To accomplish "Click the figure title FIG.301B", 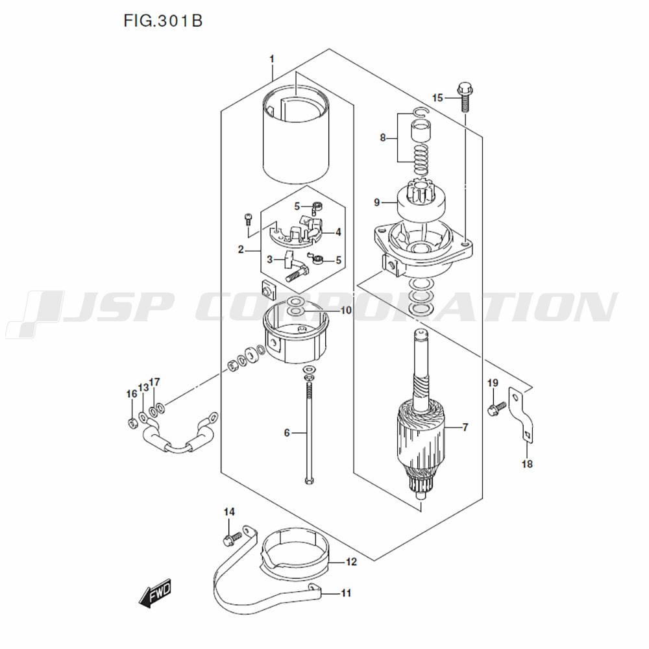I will [162, 21].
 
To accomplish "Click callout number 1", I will [272, 59].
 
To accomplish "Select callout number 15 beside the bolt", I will [437, 97].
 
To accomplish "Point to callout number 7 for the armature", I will [465, 427].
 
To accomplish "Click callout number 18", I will [527, 464].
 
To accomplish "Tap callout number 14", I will [228, 512].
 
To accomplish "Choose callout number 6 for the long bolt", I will [286, 432].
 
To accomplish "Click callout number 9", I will [376, 202].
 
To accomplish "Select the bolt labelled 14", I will [228, 537].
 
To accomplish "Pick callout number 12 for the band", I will [351, 562].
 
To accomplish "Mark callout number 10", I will [345, 310].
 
